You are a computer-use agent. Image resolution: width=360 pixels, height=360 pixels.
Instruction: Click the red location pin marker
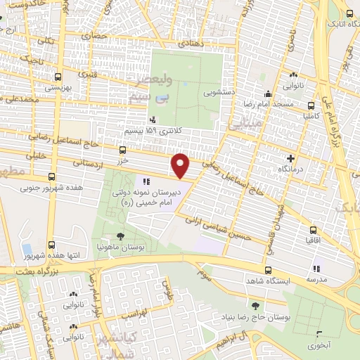point(181,166)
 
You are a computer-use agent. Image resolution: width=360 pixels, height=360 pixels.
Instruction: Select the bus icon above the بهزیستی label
point(58,77)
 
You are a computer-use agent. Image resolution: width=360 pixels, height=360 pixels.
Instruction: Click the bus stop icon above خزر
point(123,150)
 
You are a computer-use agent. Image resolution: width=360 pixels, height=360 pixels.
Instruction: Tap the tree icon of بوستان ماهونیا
point(122,237)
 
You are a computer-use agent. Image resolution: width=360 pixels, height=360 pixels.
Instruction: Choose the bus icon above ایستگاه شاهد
point(268,269)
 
